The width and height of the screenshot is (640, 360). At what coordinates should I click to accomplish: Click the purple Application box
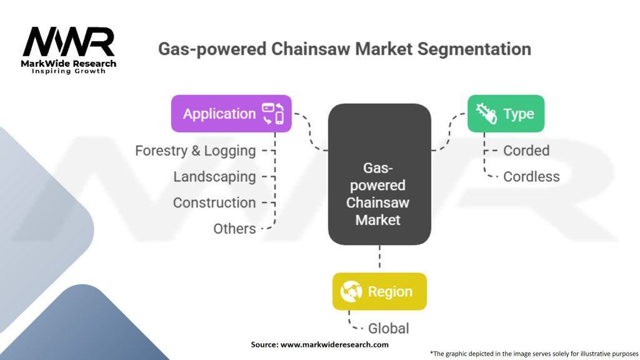coord(231,114)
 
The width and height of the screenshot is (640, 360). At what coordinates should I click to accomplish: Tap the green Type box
coord(506,114)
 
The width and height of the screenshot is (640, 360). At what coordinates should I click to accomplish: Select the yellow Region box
coord(379,291)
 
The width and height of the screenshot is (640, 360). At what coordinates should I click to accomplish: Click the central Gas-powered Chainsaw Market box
coord(379,174)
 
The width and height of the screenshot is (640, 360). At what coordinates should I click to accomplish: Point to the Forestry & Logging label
coord(196,151)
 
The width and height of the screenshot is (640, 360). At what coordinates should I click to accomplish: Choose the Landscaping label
coord(214,177)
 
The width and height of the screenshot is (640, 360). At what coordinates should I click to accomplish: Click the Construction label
coord(214,202)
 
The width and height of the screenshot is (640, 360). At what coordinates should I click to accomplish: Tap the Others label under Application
coord(234,229)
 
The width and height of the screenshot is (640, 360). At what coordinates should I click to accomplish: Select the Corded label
coord(526,151)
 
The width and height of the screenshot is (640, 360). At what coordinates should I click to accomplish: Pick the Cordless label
coord(531,177)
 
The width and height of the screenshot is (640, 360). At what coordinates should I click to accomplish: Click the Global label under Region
coord(389,328)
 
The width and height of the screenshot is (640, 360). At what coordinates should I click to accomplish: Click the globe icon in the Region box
coord(351,291)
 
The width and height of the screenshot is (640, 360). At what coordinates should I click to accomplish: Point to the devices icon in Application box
coord(273,114)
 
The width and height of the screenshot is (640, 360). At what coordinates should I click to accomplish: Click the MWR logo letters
coord(69,42)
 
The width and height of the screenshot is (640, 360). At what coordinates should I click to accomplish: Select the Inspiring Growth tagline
coord(69,71)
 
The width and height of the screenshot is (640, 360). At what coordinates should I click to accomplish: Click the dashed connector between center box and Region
coord(379,258)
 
